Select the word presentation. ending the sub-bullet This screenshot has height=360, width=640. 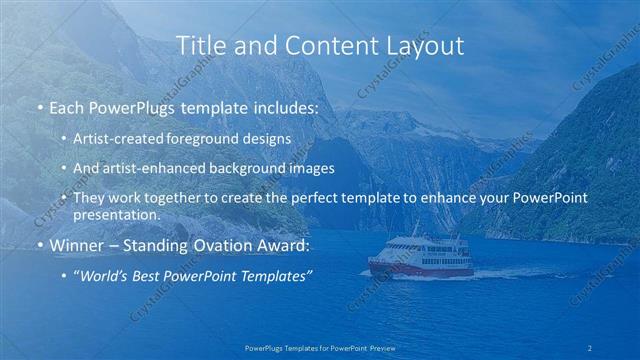pos(116,214)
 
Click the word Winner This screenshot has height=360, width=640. pos(76,245)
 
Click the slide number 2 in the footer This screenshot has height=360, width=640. pos(590,347)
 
